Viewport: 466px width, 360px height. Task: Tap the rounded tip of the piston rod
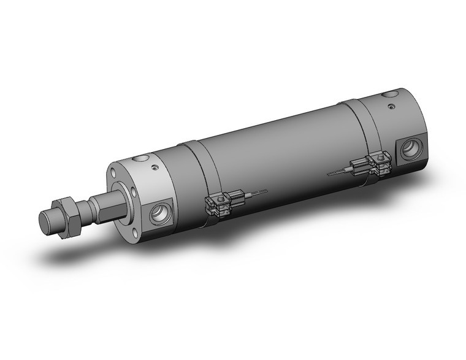click(x=45, y=221)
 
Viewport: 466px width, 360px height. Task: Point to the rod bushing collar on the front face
click(x=131, y=196)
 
